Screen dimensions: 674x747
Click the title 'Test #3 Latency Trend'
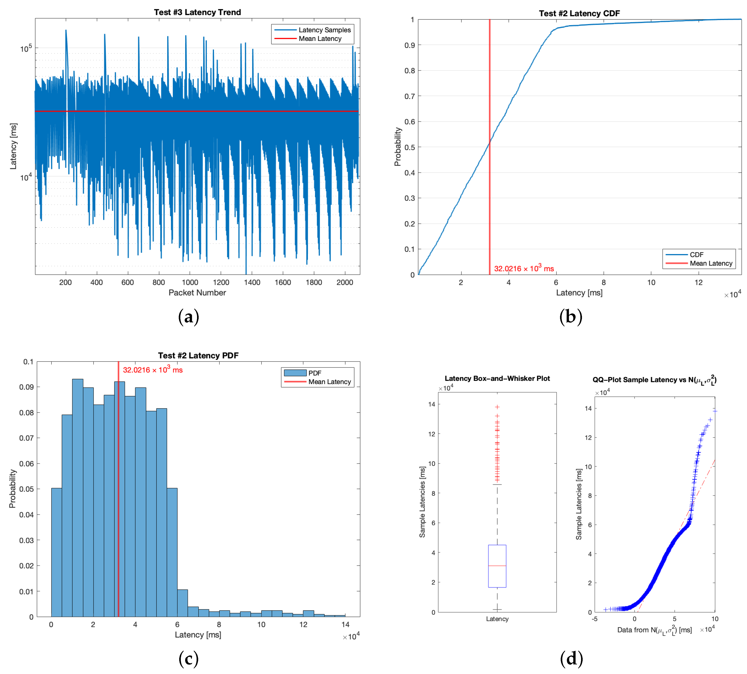(197, 12)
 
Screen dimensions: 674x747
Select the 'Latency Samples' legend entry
(324, 30)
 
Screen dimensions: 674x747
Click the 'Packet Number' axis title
(197, 293)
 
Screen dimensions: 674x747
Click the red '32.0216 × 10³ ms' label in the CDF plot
(524, 268)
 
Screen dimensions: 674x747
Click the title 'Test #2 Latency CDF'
(579, 13)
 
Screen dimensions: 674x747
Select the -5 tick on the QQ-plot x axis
(595, 619)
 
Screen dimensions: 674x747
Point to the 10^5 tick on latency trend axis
(26, 48)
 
